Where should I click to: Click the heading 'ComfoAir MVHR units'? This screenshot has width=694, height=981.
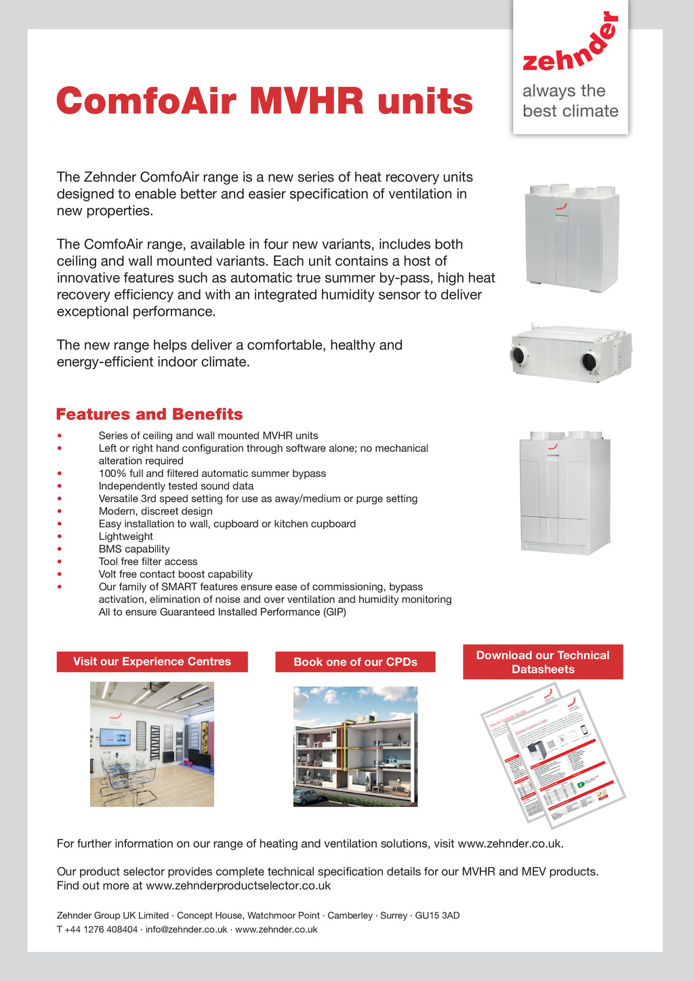tap(264, 101)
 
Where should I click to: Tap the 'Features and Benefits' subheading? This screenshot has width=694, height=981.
tap(149, 414)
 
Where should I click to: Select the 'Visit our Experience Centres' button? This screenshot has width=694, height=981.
tap(152, 662)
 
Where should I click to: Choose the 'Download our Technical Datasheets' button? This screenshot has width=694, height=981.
tap(543, 662)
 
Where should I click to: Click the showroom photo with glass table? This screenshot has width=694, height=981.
tap(152, 744)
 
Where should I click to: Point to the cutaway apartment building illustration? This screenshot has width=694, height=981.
tap(355, 747)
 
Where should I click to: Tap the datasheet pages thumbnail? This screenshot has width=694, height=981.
tap(552, 755)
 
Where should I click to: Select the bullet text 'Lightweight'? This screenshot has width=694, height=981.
tap(126, 537)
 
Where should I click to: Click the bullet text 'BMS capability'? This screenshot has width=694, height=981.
tap(134, 549)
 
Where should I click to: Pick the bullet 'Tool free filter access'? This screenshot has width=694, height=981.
tap(148, 562)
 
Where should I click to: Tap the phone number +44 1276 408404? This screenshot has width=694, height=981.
tap(101, 930)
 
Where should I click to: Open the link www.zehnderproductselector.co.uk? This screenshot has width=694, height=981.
tap(238, 885)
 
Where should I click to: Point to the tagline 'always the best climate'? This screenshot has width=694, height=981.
tap(570, 101)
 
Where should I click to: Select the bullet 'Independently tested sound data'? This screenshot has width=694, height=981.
tap(176, 486)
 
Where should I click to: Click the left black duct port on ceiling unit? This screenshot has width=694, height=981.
tap(518, 355)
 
